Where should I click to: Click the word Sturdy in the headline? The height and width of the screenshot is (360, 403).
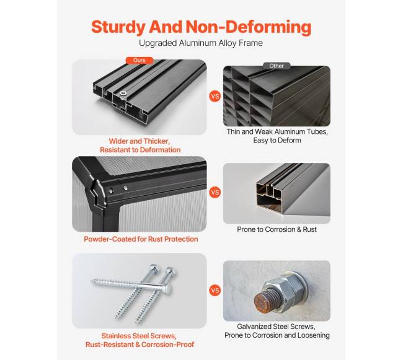(118, 27)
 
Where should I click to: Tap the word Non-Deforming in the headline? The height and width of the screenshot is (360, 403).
(248, 27)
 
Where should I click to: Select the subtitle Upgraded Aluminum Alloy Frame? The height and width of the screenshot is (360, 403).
(201, 43)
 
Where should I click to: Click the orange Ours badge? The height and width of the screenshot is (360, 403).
(139, 60)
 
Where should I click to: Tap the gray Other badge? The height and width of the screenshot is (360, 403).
(277, 66)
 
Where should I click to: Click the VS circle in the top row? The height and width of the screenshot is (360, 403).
(215, 96)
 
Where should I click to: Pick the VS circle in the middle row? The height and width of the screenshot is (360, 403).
(215, 192)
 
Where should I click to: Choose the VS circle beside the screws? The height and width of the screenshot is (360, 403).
(215, 291)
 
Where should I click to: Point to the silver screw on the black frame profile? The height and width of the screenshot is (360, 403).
(123, 94)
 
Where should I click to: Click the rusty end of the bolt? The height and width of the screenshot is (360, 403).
(263, 303)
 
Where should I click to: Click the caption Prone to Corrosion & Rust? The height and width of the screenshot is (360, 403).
(277, 229)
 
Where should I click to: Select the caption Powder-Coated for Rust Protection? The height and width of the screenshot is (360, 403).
(141, 239)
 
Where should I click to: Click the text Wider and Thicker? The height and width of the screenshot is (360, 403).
(139, 141)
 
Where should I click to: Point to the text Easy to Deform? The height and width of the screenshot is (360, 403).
(277, 141)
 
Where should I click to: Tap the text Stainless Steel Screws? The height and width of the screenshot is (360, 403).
(139, 336)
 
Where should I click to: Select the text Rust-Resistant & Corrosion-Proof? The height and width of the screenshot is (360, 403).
(140, 345)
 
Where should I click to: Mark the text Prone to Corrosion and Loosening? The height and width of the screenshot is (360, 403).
(277, 335)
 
